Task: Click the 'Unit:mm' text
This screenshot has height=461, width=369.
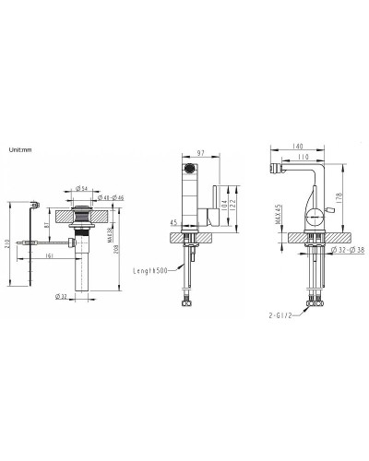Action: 20,148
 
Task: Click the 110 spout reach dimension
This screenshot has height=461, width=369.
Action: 302,158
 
